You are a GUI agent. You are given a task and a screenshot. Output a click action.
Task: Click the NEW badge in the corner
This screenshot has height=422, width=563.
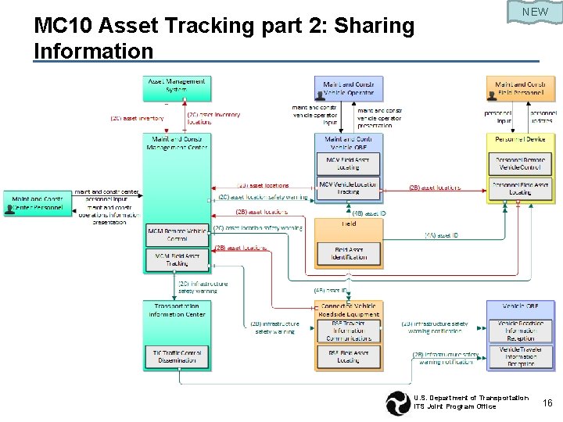[535, 12]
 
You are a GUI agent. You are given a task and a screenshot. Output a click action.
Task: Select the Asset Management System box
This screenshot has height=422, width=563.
[177, 87]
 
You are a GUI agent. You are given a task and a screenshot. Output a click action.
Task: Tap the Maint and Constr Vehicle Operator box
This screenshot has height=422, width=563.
[349, 87]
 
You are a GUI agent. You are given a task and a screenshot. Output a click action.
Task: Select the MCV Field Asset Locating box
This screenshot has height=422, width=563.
[349, 163]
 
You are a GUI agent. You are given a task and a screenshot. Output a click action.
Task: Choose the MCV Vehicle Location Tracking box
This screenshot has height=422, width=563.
[349, 188]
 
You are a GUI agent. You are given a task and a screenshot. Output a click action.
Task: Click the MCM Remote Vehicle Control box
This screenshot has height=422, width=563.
[177, 234]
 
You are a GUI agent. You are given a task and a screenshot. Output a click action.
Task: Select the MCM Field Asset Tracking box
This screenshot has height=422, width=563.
[177, 259]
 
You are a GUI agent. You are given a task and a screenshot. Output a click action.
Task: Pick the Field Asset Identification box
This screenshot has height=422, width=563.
[349, 252]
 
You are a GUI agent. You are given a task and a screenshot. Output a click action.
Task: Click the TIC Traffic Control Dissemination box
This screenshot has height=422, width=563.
[177, 356]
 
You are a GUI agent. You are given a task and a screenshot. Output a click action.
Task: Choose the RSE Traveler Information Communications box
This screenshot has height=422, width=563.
[349, 331]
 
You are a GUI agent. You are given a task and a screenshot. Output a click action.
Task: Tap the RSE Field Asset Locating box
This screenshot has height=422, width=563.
[349, 356]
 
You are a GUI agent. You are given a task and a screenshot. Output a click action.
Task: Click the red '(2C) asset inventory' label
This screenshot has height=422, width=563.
[138, 119]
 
